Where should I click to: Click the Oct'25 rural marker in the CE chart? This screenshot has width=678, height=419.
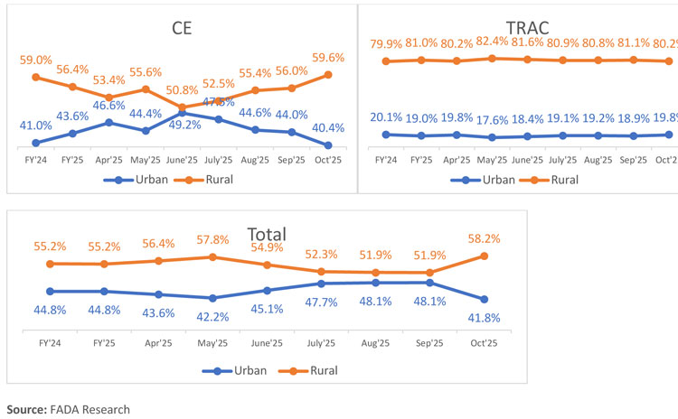pos(327,74)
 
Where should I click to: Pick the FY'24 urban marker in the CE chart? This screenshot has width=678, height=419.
pos(36,143)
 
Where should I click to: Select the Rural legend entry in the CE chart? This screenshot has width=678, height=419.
pos(201,179)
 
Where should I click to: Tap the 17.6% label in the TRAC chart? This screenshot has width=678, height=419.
pos(492,117)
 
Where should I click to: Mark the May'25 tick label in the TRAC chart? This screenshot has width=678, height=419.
pos(492,160)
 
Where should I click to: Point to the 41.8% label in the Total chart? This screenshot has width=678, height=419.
pos(485,317)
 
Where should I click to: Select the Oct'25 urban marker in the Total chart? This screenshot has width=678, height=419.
pos(485,299)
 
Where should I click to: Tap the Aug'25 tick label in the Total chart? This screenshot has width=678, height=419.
pos(376,343)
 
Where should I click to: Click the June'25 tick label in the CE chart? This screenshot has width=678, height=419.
pos(183,160)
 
